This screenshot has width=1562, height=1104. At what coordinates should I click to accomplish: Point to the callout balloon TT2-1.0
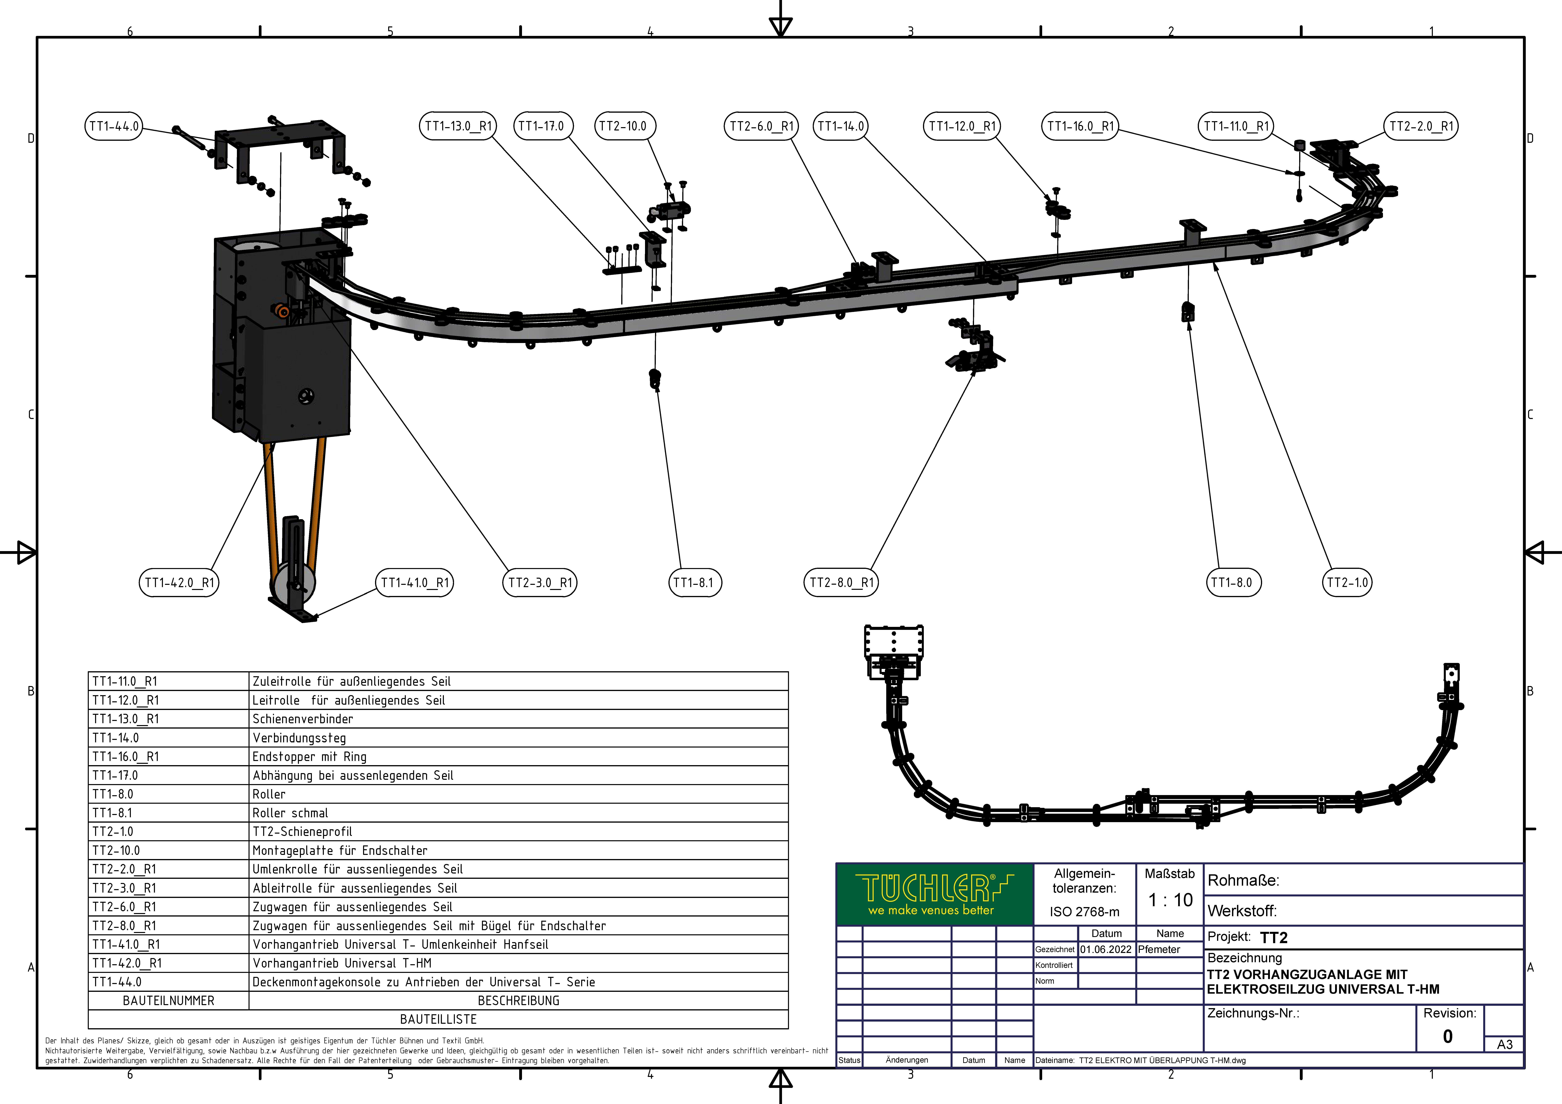1347,582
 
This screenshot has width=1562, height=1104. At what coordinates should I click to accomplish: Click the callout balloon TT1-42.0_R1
179,582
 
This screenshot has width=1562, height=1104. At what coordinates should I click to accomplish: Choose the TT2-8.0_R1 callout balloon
842,582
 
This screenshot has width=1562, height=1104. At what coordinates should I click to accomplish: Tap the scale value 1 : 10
1170,900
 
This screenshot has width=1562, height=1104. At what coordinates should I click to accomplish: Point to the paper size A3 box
1504,1044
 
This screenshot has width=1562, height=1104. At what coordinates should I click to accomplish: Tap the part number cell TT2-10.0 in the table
169,850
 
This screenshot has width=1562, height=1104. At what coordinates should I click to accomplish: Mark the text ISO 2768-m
1084,912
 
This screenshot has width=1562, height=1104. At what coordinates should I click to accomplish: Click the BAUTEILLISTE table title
438,1019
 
